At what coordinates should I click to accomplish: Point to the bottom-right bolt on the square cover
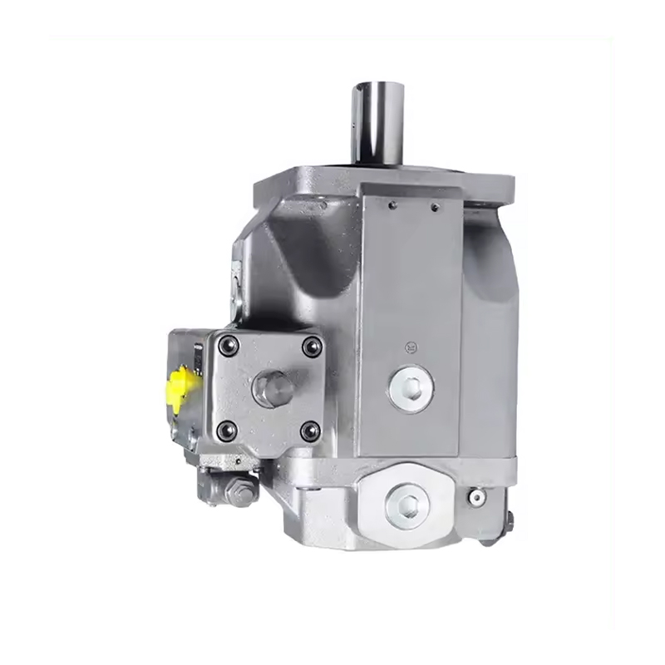[x=310, y=429]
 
